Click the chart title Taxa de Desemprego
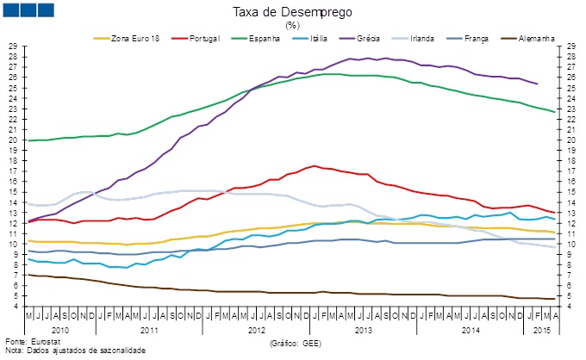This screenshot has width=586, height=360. [292, 13]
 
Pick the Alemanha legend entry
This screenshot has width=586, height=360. [535, 38]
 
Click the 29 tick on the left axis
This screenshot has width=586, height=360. [12, 46]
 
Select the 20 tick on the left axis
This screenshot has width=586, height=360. [12, 140]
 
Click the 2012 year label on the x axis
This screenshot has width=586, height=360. [256, 330]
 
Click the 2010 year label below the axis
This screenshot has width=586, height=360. [59, 330]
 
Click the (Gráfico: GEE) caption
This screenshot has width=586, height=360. [297, 343]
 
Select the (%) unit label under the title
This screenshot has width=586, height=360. [292, 26]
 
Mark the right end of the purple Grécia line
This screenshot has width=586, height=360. [538, 84]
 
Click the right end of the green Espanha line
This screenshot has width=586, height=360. [554, 112]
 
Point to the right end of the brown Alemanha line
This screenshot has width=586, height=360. [554, 299]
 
